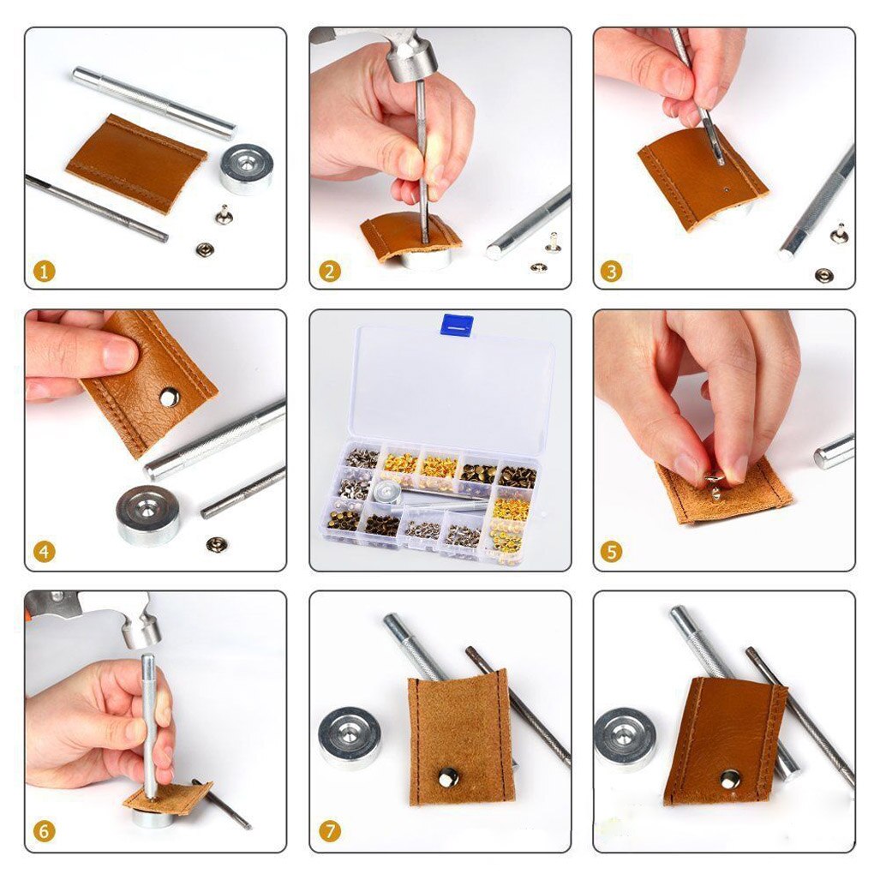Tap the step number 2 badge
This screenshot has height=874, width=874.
point(329,272)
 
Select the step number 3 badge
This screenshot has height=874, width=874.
point(611,272)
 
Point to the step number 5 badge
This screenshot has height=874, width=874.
point(611,552)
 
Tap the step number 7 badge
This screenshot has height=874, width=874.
point(329,831)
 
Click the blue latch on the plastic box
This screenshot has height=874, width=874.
point(457,325)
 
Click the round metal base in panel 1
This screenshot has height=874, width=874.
point(247,168)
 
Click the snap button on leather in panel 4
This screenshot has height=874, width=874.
point(170,396)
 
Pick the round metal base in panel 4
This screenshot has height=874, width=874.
point(147,514)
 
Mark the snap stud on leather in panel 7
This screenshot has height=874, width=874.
point(448,777)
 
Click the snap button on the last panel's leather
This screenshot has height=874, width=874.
point(730,778)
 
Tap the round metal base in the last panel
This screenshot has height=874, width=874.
point(626,737)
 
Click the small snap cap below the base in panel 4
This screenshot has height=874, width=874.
point(217,544)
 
